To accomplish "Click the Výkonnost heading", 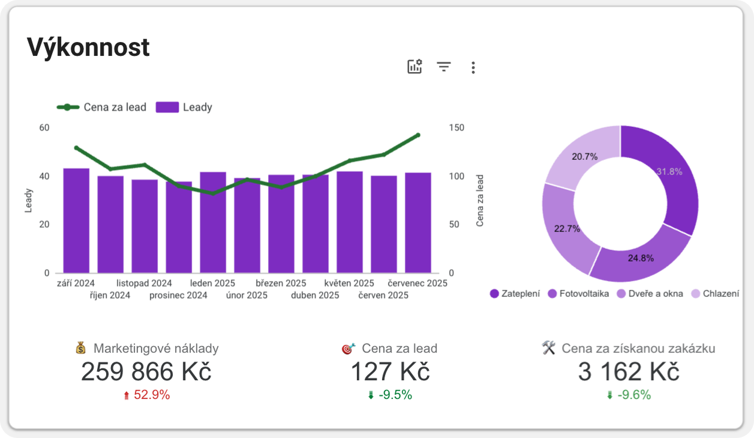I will point(88,47).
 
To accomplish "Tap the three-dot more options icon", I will point(473,67).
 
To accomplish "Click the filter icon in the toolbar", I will point(444,67).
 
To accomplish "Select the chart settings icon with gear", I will point(414,67).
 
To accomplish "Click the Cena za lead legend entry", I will point(102,108).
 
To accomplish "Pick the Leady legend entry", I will point(184,108).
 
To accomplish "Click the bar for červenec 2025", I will point(418,223).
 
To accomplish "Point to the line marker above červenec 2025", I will point(418,135).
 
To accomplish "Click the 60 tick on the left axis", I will point(44,127).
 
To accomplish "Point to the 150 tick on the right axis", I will point(456,127).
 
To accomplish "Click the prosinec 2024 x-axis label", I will point(178,296).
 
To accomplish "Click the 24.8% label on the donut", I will point(641,258).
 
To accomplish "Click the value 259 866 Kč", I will point(146,373).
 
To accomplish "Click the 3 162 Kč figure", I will point(629,373).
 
